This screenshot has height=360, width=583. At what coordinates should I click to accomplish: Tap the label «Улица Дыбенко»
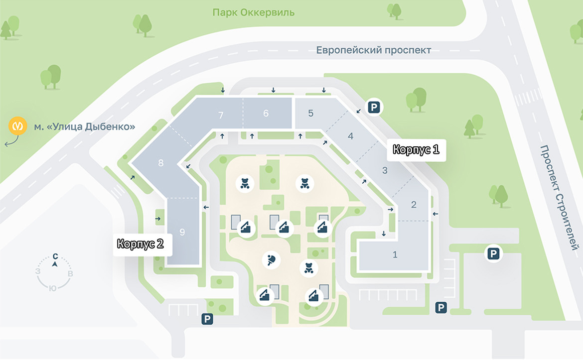pyautogui.click(x=84, y=127)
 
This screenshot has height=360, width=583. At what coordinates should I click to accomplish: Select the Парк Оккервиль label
pyautogui.click(x=253, y=12)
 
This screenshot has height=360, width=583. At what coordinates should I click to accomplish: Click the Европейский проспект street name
pyautogui.click(x=374, y=50)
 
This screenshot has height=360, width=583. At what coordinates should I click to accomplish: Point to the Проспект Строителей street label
pyautogui.click(x=560, y=198)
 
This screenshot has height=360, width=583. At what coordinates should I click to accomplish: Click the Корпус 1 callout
pyautogui.click(x=416, y=149)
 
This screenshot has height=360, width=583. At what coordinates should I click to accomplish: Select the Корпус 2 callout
pyautogui.click(x=140, y=244)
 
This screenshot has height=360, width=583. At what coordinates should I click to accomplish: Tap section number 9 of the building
pyautogui.click(x=182, y=232)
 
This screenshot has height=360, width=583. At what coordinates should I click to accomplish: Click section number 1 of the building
pyautogui.click(x=395, y=255)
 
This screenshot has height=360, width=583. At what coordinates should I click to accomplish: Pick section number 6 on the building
pyautogui.click(x=266, y=114)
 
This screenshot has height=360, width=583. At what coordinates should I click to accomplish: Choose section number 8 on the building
pyautogui.click(x=160, y=163)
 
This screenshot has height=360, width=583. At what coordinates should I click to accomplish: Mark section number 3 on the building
pyautogui.click(x=385, y=171)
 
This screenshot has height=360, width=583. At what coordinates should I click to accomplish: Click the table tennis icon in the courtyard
pyautogui.click(x=272, y=259)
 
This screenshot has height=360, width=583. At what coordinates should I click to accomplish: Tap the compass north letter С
pyautogui.click(x=55, y=256)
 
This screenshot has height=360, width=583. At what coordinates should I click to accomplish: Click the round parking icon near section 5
pyautogui.click(x=374, y=107)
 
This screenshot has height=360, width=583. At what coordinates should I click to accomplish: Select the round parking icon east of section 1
pyautogui.click(x=493, y=254)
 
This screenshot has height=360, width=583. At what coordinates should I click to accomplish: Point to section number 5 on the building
pyautogui.click(x=310, y=113)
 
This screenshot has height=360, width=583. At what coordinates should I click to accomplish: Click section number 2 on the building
pyautogui.click(x=414, y=204)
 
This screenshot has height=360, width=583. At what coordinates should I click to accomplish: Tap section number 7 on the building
pyautogui.click(x=221, y=116)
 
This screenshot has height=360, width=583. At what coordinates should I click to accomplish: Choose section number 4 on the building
pyautogui.click(x=350, y=136)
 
